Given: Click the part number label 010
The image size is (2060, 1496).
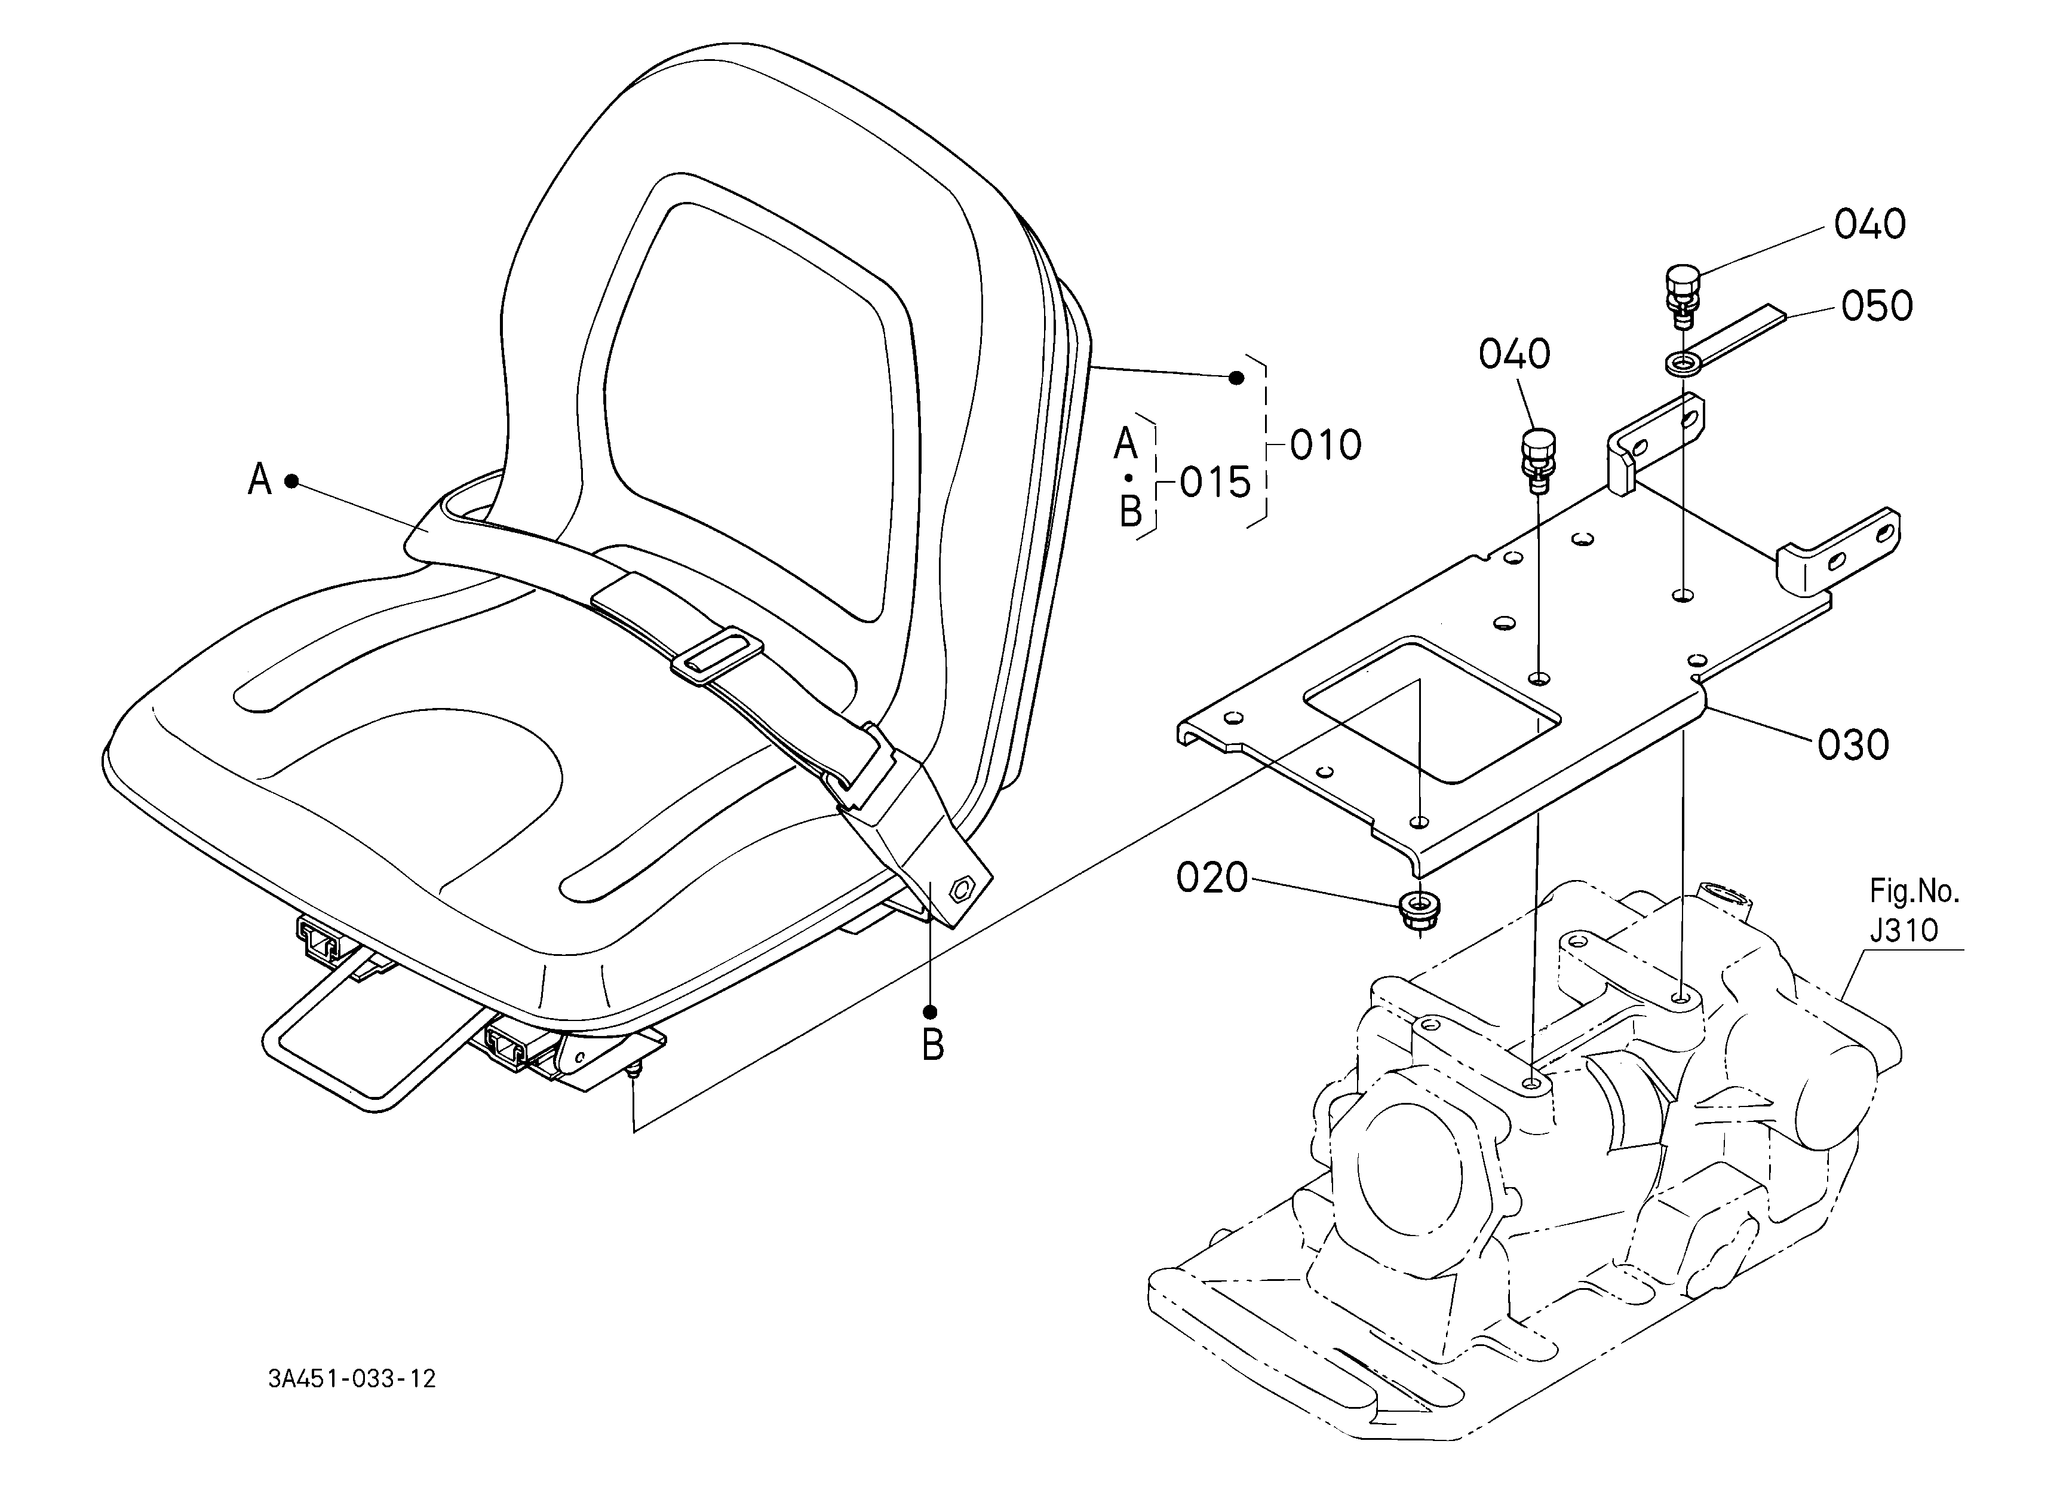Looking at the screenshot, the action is point(1325,445).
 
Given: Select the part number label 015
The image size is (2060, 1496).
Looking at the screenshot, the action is point(1215,483).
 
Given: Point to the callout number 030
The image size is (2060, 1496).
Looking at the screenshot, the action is point(1853,746).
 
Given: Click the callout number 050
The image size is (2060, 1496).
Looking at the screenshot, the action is point(1877,306).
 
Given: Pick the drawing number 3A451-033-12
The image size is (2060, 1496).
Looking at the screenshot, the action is point(352,1379).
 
